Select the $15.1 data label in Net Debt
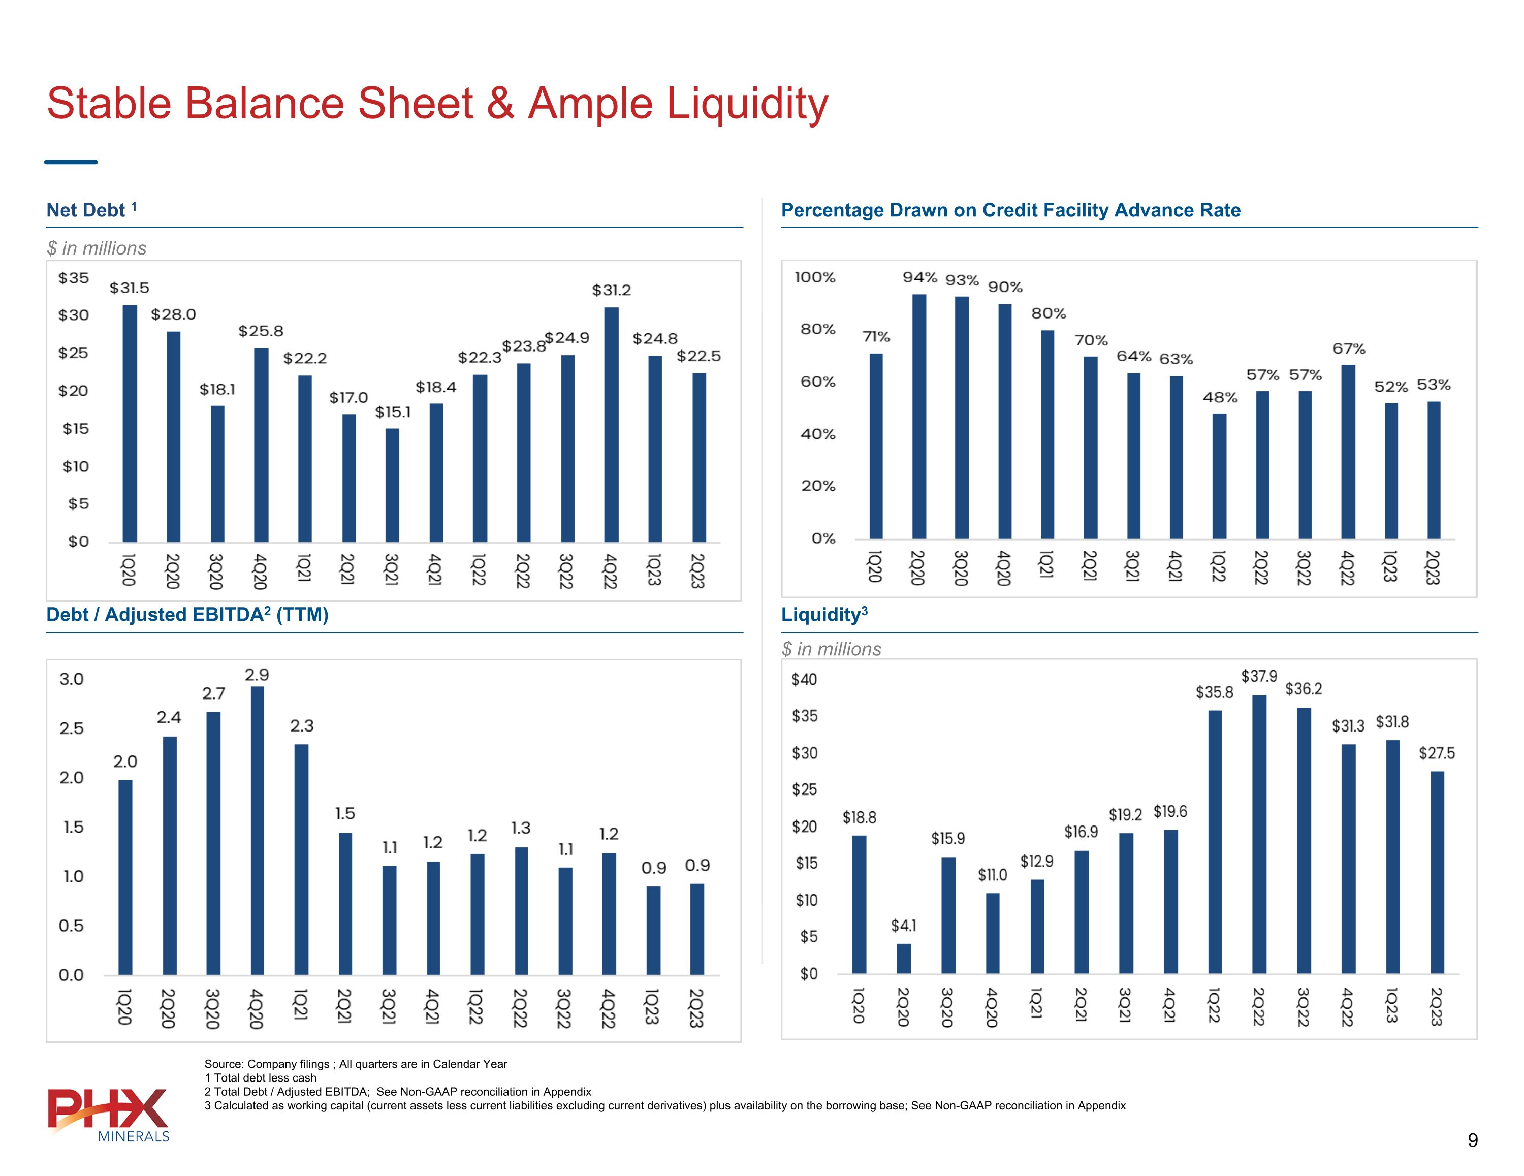393,412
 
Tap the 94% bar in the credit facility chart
919,416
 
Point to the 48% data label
1220,398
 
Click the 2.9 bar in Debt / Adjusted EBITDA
257,831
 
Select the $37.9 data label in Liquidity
1259,676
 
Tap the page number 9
1472,1140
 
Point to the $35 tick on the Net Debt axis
73,278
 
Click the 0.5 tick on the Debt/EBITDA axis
71,926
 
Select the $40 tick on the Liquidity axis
804,679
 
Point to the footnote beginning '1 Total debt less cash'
260,1077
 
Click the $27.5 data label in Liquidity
1437,753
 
